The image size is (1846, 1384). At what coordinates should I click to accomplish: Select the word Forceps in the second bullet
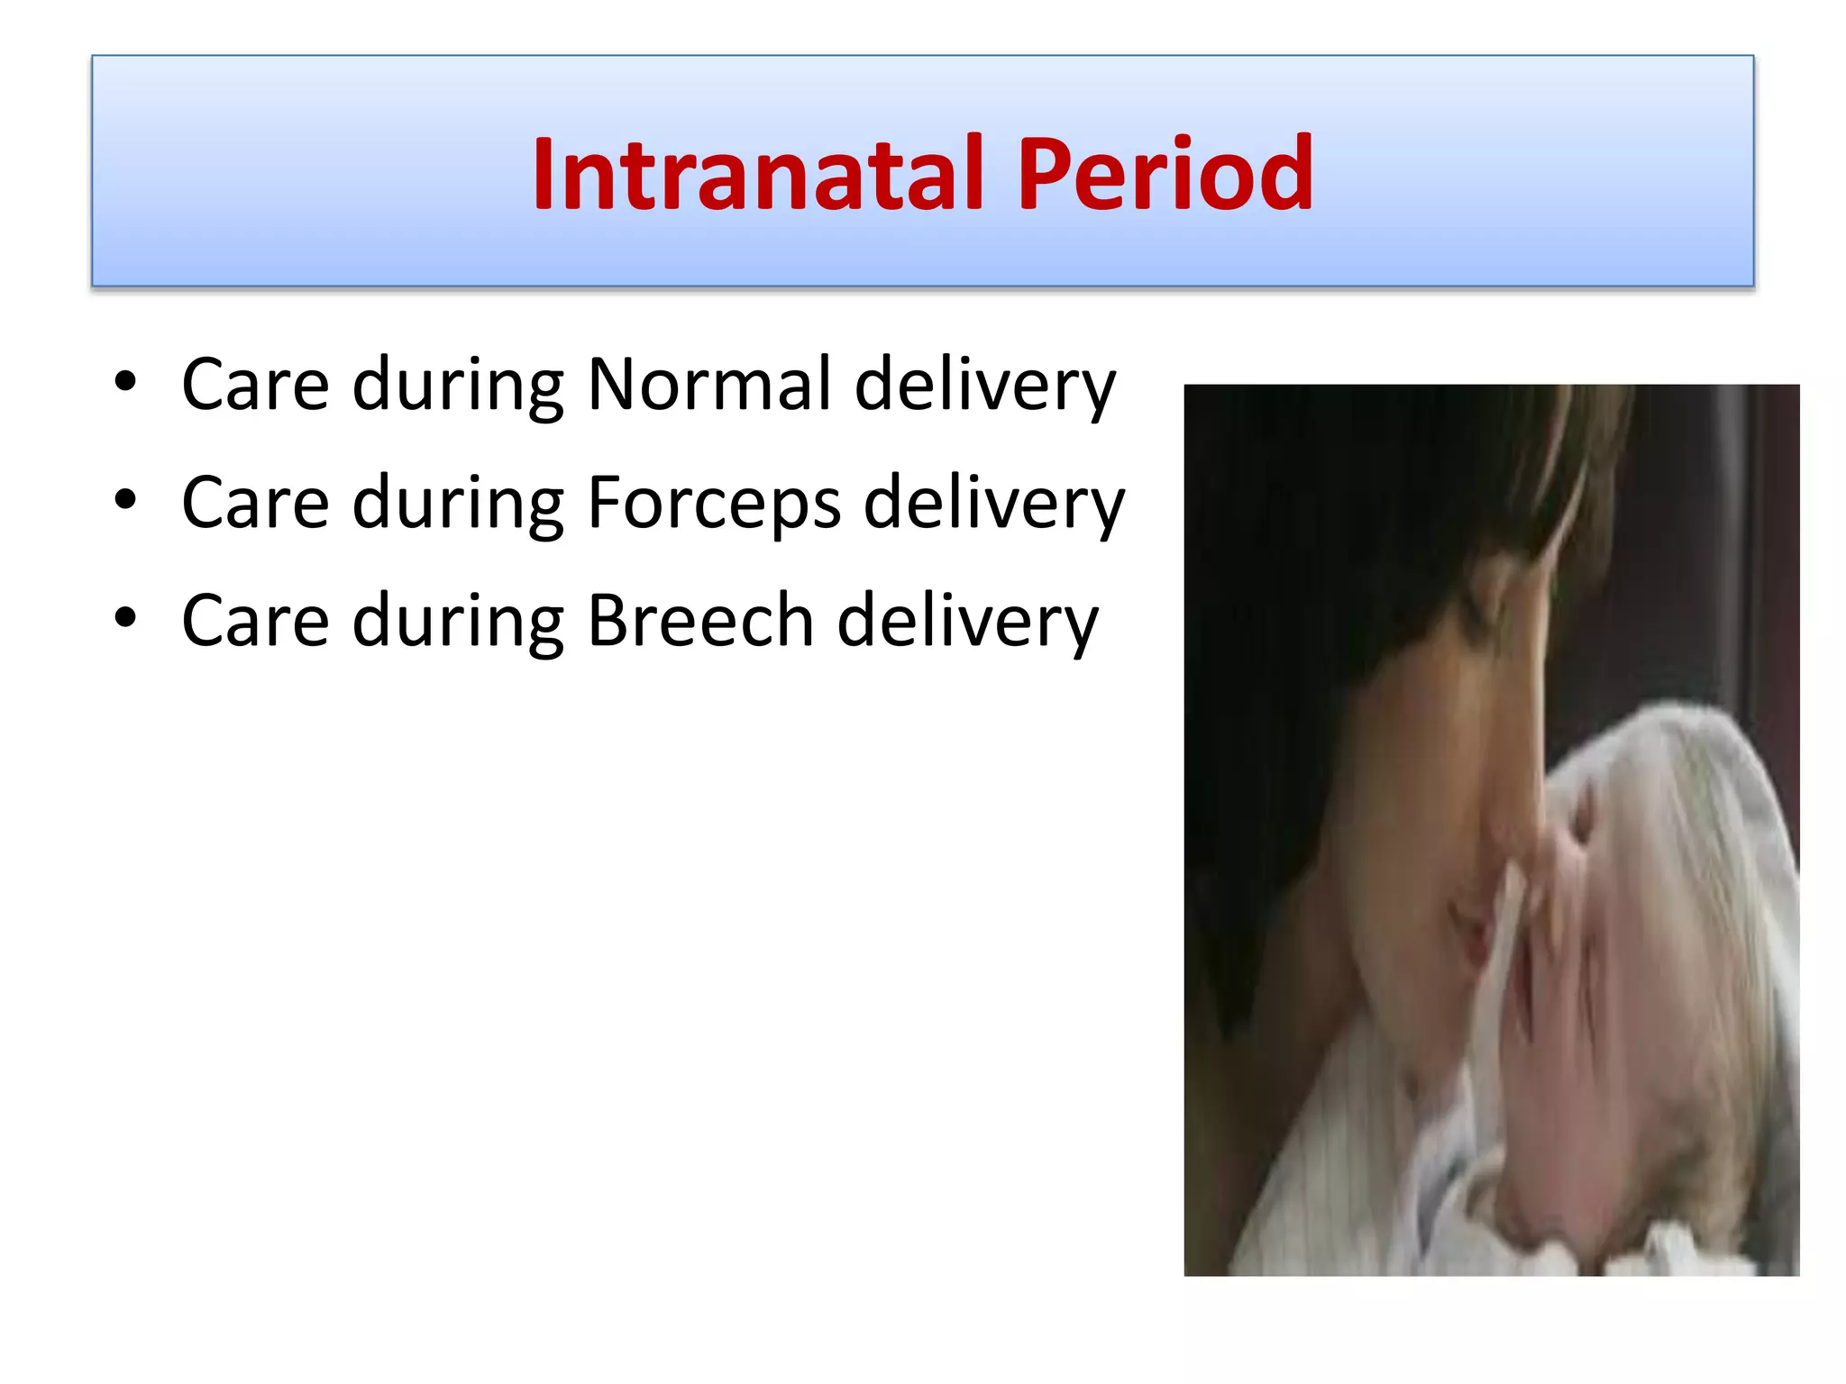tap(714, 503)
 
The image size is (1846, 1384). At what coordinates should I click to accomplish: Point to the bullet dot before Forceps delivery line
tap(125, 499)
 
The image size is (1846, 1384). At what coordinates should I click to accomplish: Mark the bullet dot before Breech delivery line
tap(125, 618)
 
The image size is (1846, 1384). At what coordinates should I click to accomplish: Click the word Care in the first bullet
tap(255, 385)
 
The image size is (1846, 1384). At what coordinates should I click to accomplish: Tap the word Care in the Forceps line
tap(255, 503)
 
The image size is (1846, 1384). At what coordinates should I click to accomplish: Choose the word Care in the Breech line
tap(255, 621)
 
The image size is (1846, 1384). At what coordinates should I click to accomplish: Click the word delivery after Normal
tap(984, 386)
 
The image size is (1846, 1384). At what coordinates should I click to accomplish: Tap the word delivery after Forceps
tap(993, 504)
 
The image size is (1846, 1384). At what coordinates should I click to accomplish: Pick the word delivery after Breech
tap(967, 622)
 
